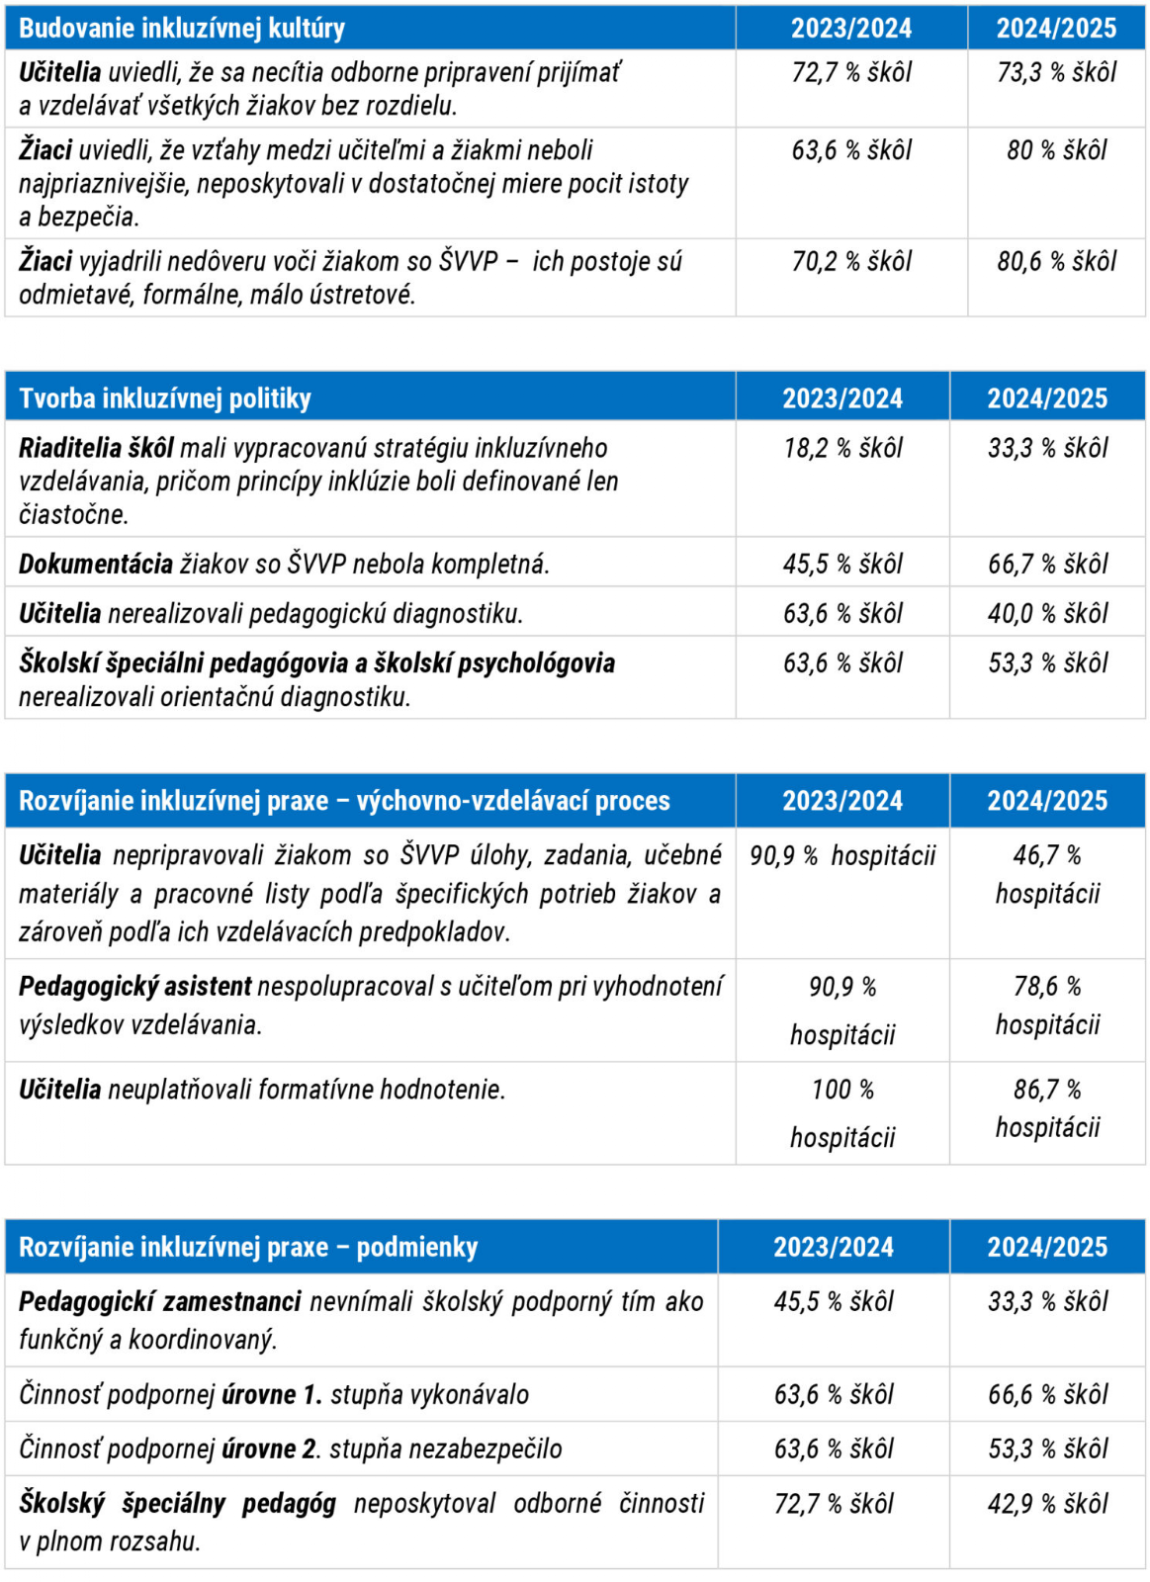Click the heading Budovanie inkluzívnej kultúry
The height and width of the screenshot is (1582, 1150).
coord(182,28)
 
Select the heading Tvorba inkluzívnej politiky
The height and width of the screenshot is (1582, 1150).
coord(165,398)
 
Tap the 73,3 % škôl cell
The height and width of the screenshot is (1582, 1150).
coord(1056,72)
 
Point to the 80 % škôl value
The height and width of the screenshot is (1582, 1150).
coord(1056,150)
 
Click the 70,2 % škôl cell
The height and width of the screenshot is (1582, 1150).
coord(851,261)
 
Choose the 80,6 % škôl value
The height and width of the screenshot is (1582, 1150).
coord(1056,261)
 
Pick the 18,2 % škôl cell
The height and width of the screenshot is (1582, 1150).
coord(842,448)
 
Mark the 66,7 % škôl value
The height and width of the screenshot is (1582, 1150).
coord(1047,564)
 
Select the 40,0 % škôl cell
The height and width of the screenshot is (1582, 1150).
coord(1047,613)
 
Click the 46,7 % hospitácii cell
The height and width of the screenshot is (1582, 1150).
coord(1047,874)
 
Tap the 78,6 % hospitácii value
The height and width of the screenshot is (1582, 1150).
coord(1047,1005)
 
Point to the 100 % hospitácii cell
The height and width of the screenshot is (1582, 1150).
coord(842,1112)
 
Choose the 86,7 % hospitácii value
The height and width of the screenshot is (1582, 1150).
coord(1047,1107)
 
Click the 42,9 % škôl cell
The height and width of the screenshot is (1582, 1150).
coord(1047,1504)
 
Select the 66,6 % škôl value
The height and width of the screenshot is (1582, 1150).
coord(1047,1394)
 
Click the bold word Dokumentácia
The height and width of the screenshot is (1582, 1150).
coord(96,564)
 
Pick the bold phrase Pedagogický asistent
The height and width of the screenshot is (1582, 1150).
coord(135,986)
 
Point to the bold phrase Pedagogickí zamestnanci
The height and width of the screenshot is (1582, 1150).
coord(159,1301)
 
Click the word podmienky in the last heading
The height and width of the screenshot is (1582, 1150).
coord(416,1247)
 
